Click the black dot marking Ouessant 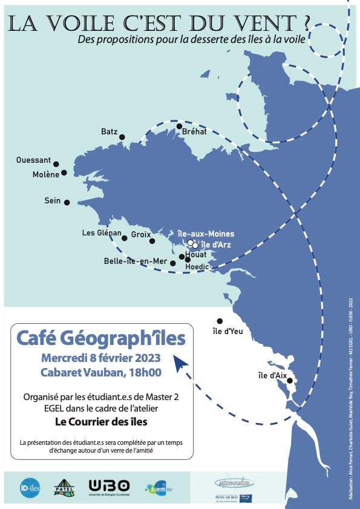pyautogui.click(x=56, y=164)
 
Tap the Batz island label pyautogui.click(x=109, y=131)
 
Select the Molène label pyautogui.click(x=45, y=174)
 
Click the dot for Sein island pyautogui.click(x=67, y=203)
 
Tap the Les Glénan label pyautogui.click(x=102, y=233)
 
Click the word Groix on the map pyautogui.click(x=140, y=234)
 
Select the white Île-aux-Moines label pyautogui.click(x=206, y=234)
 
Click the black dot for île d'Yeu pyautogui.click(x=220, y=321)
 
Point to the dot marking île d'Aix pyautogui.click(x=290, y=381)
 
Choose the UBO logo pyautogui.click(x=109, y=487)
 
